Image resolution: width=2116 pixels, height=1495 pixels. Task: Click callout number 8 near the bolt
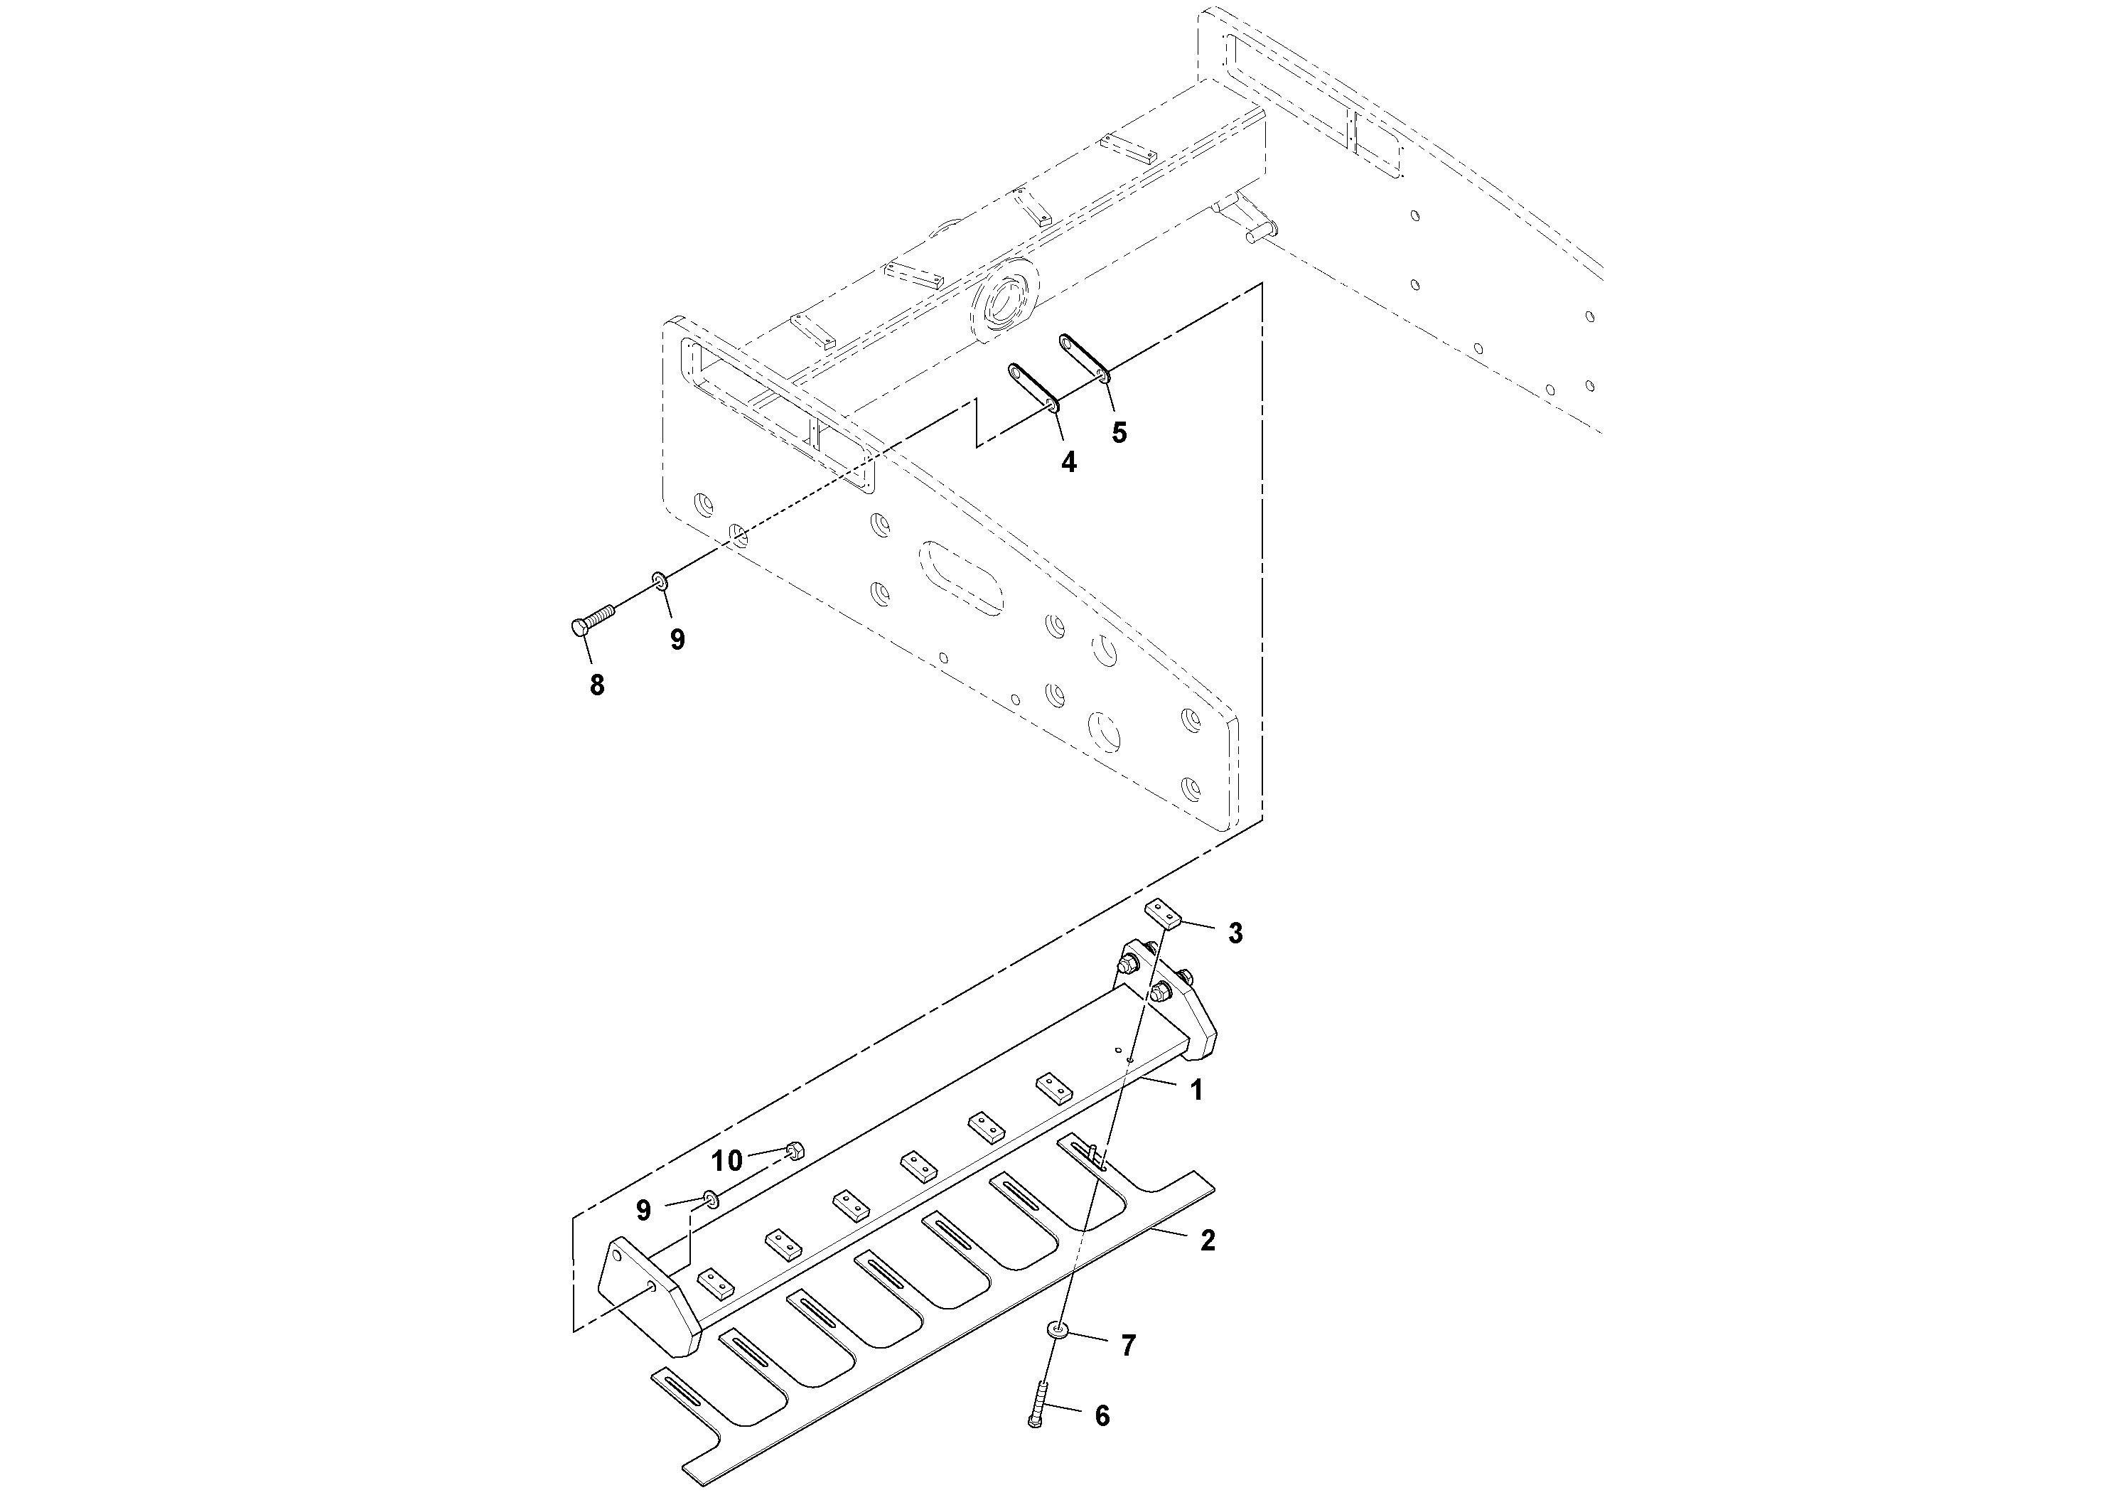597,685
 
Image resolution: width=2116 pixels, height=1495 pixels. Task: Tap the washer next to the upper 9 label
660,581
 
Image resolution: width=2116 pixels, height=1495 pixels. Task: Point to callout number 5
1119,432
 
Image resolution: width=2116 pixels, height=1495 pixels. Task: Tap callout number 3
1235,933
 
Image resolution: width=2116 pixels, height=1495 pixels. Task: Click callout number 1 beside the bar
1196,1091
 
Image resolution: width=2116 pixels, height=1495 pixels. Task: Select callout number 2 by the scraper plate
1208,1240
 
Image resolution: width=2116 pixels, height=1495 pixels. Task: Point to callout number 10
726,1160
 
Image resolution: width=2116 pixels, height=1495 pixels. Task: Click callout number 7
1127,1346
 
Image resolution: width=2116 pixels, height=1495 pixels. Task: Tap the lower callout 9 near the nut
643,1209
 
